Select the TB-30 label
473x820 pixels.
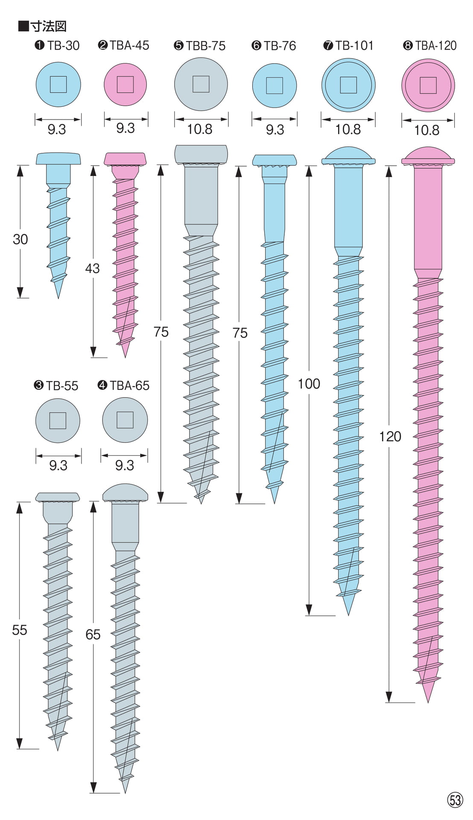pyautogui.click(x=63, y=46)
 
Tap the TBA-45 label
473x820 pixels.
pyautogui.click(x=129, y=45)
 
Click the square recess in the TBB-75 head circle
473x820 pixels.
pyautogui.click(x=201, y=84)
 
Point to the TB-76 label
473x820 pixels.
pyautogui.click(x=280, y=46)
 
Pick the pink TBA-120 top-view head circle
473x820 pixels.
pyautogui.click(x=428, y=85)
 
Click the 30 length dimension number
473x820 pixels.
pyautogui.click(x=20, y=239)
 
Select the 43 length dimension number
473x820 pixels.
pyautogui.click(x=92, y=268)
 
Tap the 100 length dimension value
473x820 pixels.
pyautogui.click(x=309, y=384)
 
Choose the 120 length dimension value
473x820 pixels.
pyautogui.click(x=390, y=436)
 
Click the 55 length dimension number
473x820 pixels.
pyautogui.click(x=20, y=630)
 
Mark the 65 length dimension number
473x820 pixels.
pyautogui.click(x=93, y=635)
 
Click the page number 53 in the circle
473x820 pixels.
pyautogui.click(x=455, y=799)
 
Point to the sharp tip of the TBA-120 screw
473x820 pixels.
pyautogui.click(x=428, y=702)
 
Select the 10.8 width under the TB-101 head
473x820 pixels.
pyautogui.click(x=348, y=129)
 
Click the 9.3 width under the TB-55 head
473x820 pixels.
pyautogui.click(x=58, y=465)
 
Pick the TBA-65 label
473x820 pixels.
pyautogui.click(x=129, y=386)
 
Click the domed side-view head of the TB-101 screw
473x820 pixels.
pyautogui.click(x=348, y=156)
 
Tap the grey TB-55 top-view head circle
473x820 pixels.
pyautogui.click(x=58, y=421)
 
